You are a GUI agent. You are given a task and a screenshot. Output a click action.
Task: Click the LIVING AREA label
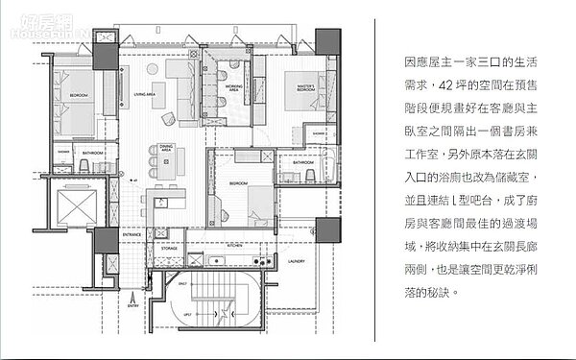(x=145, y=94)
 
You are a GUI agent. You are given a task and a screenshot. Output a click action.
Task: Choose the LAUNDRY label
(x=296, y=261)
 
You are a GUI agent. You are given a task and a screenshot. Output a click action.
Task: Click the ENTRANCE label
(x=132, y=233)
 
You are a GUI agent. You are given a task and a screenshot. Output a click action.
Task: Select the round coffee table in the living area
(x=169, y=118)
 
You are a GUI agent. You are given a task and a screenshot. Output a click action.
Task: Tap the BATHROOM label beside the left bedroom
(x=93, y=153)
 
